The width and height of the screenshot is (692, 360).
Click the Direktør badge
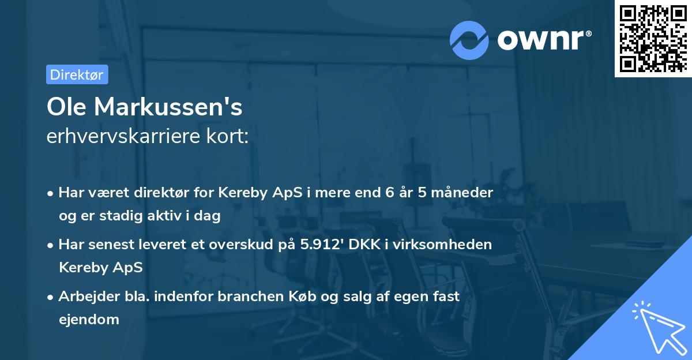point(77,74)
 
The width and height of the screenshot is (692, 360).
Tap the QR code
point(653,38)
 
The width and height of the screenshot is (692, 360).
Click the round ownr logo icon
point(469,40)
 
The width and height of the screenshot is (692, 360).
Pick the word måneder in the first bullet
point(465,193)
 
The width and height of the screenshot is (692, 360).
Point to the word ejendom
point(89,319)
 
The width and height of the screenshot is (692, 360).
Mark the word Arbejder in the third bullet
point(84,297)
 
